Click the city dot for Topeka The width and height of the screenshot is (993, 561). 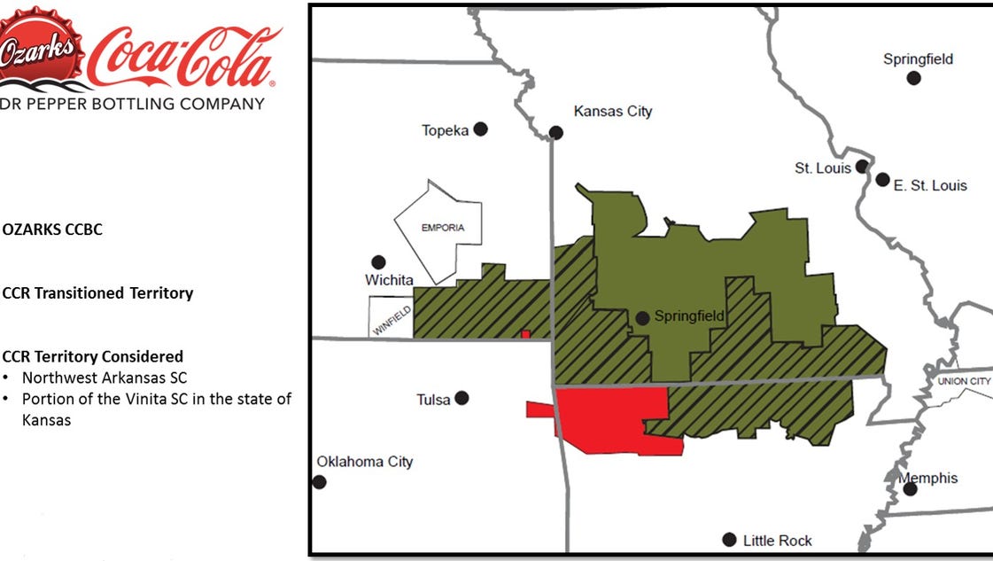[x=480, y=129]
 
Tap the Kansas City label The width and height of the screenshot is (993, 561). [x=612, y=112]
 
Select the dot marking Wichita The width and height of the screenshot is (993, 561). [x=378, y=262]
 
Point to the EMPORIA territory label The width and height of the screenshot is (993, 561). [x=443, y=228]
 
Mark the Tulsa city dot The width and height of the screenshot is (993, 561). [x=462, y=399]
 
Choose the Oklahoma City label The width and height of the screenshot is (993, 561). [x=364, y=462]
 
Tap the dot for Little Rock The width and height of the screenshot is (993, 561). [x=729, y=540]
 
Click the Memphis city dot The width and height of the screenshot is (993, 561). [x=910, y=488]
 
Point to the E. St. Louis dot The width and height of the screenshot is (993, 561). [x=882, y=179]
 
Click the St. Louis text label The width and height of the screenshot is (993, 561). [x=822, y=168]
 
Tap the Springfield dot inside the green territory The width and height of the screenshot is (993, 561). [x=643, y=317]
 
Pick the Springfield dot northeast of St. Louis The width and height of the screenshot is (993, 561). [x=913, y=78]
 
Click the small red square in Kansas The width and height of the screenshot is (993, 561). [x=526, y=334]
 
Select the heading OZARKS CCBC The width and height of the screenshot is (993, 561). [x=52, y=230]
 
